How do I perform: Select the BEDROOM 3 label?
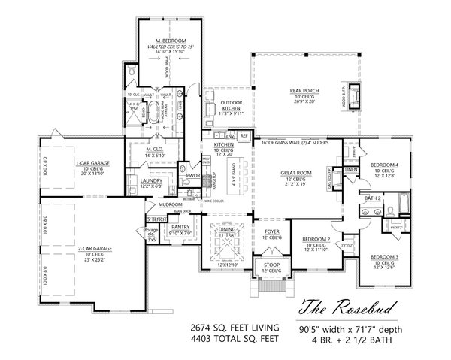(x=383, y=258)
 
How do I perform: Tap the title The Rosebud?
(x=342, y=307)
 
